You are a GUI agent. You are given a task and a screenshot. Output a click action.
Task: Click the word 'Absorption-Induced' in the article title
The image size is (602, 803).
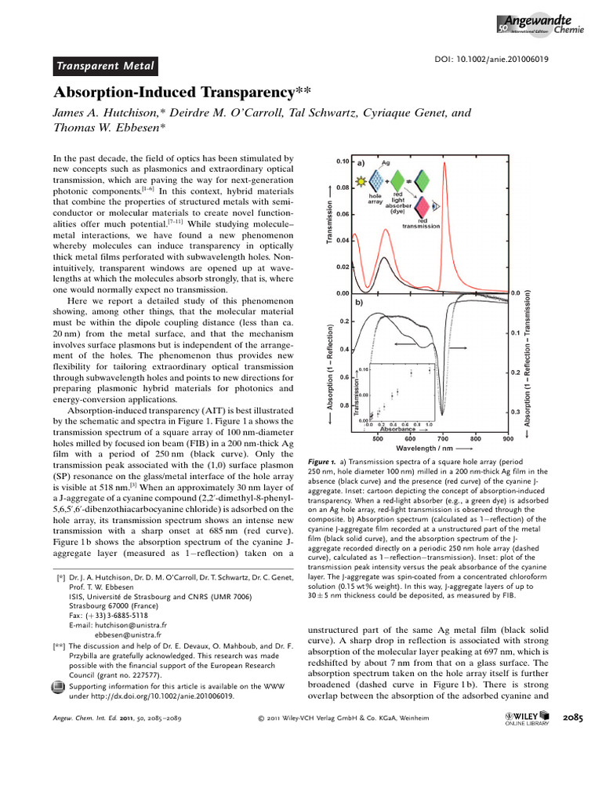click(129, 93)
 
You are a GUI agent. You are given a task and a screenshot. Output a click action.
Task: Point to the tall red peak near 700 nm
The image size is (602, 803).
click(444, 169)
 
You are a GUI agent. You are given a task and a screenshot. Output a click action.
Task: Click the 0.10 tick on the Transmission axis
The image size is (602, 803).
click(342, 162)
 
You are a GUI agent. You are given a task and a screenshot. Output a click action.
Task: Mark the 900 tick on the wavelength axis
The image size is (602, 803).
click(508, 439)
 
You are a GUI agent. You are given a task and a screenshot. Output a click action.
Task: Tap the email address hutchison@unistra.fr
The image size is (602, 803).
click(116, 624)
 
